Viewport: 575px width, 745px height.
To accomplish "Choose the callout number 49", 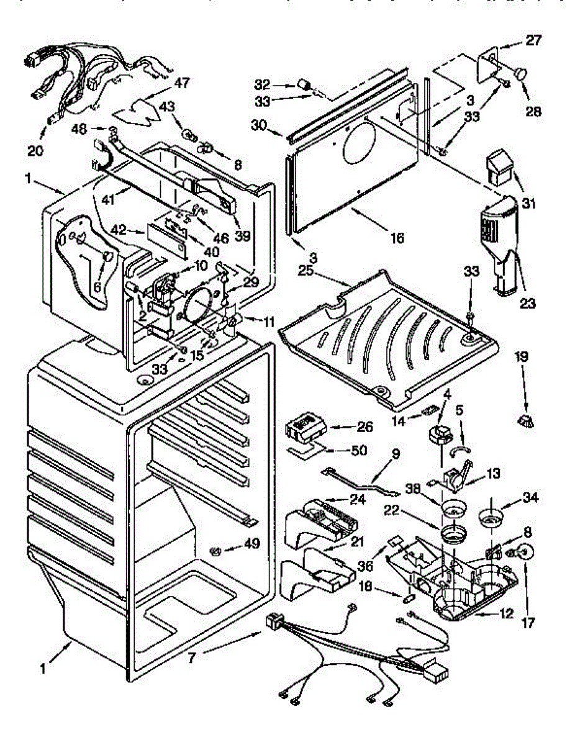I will pos(252,543).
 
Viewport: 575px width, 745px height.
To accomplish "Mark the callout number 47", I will pos(164,83).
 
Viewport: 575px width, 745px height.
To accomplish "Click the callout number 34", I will pos(532,497).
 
